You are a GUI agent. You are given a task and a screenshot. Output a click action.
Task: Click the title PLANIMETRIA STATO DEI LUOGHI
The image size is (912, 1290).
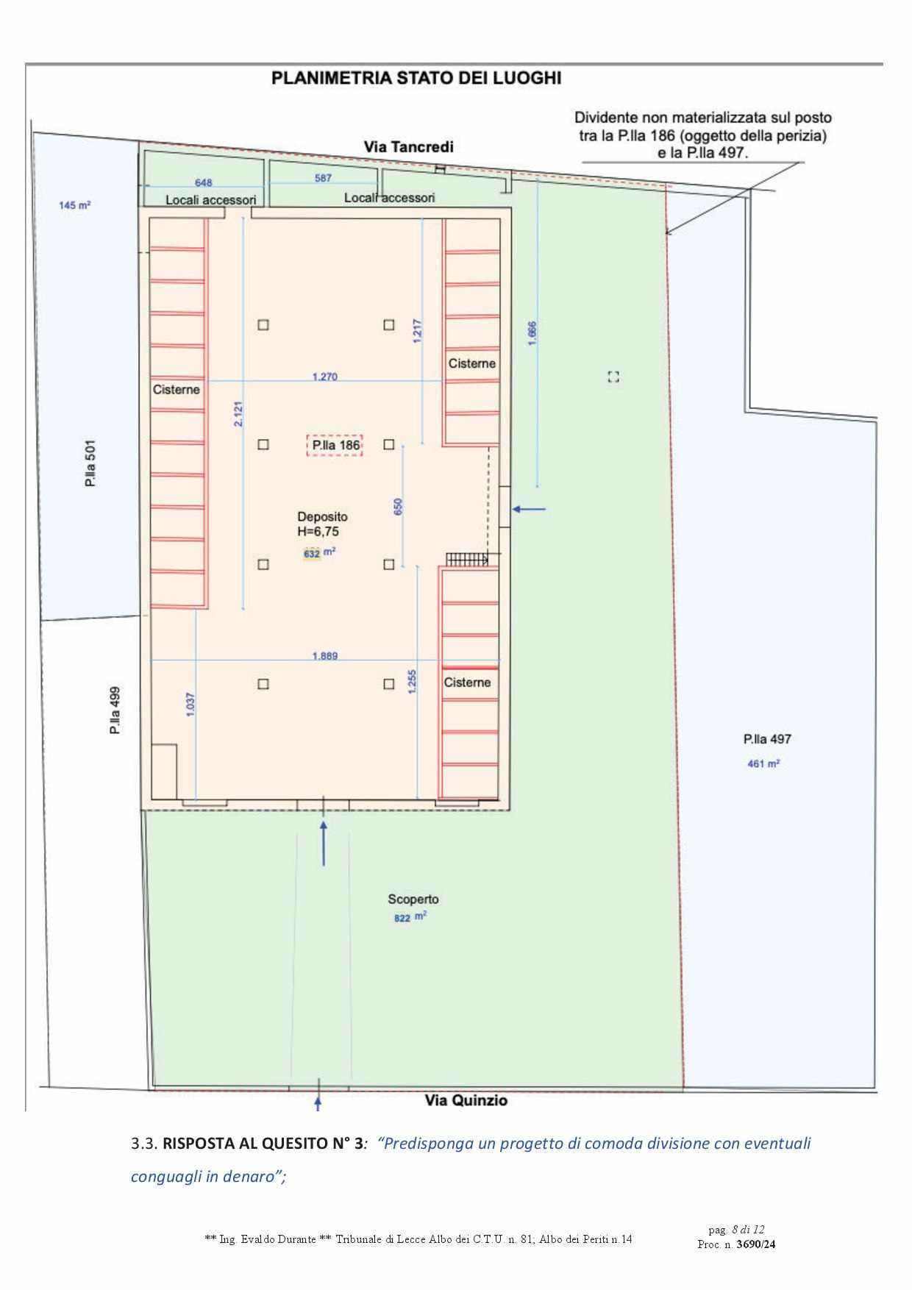416,78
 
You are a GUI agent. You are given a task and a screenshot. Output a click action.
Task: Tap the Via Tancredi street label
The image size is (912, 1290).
409,146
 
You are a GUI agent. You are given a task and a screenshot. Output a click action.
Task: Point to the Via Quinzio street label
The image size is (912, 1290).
466,1100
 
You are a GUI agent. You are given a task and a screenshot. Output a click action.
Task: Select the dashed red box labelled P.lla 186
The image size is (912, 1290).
335,445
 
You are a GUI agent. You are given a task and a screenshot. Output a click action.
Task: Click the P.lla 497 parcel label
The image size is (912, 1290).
767,739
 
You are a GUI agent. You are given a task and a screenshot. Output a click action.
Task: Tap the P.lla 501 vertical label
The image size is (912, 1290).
90,465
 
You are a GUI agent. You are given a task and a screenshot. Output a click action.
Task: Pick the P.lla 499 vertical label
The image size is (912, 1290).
115,711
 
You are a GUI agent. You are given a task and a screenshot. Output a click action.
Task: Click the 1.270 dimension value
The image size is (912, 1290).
325,377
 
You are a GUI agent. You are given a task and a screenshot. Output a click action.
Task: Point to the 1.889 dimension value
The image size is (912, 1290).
325,656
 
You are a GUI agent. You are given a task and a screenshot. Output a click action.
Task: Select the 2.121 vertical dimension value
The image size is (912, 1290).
238,414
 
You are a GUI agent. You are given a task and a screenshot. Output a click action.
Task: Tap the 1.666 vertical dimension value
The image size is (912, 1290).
532,334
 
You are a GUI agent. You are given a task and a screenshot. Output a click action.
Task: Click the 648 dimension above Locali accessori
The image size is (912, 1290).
204,182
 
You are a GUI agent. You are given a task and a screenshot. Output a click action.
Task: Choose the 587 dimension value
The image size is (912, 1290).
323,178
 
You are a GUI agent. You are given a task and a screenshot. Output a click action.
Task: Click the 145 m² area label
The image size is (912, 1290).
75,206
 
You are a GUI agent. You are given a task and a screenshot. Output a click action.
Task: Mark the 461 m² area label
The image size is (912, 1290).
763,763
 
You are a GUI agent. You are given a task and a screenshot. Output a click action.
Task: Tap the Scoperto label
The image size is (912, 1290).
413,899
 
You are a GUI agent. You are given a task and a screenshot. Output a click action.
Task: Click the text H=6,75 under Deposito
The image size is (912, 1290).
318,531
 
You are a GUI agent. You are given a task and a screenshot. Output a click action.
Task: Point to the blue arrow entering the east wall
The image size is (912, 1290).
530,509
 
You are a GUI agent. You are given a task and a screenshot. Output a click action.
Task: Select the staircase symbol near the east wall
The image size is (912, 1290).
467,560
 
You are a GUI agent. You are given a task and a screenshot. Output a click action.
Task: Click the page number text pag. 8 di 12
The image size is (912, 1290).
736,1230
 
